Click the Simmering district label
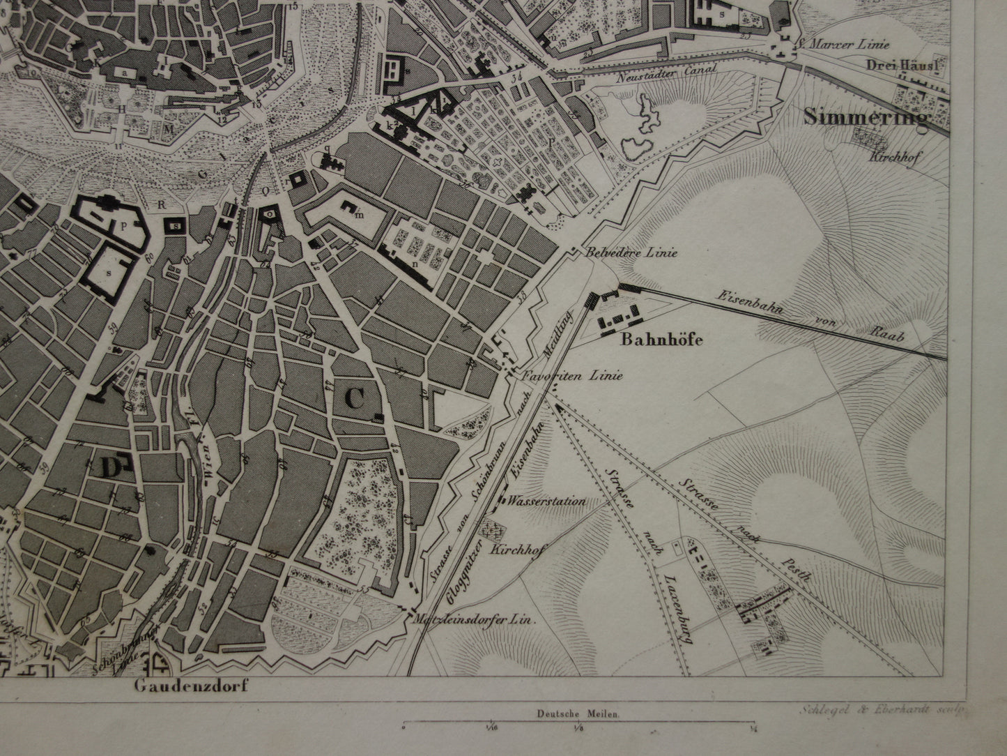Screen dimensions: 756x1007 (x=867, y=116)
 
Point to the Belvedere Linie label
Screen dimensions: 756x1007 (x=632, y=254)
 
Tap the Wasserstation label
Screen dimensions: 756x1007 (x=547, y=501)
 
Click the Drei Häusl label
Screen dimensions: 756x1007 (x=905, y=65)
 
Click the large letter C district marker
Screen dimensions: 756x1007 (x=354, y=399)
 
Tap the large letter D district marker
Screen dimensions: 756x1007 (x=112, y=468)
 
